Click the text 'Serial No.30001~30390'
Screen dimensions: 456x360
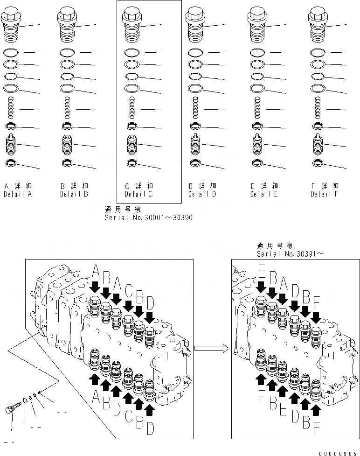(148, 217)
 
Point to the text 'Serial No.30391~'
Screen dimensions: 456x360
(290, 254)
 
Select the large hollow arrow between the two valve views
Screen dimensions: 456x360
(211, 347)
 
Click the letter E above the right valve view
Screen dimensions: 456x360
(261, 271)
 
